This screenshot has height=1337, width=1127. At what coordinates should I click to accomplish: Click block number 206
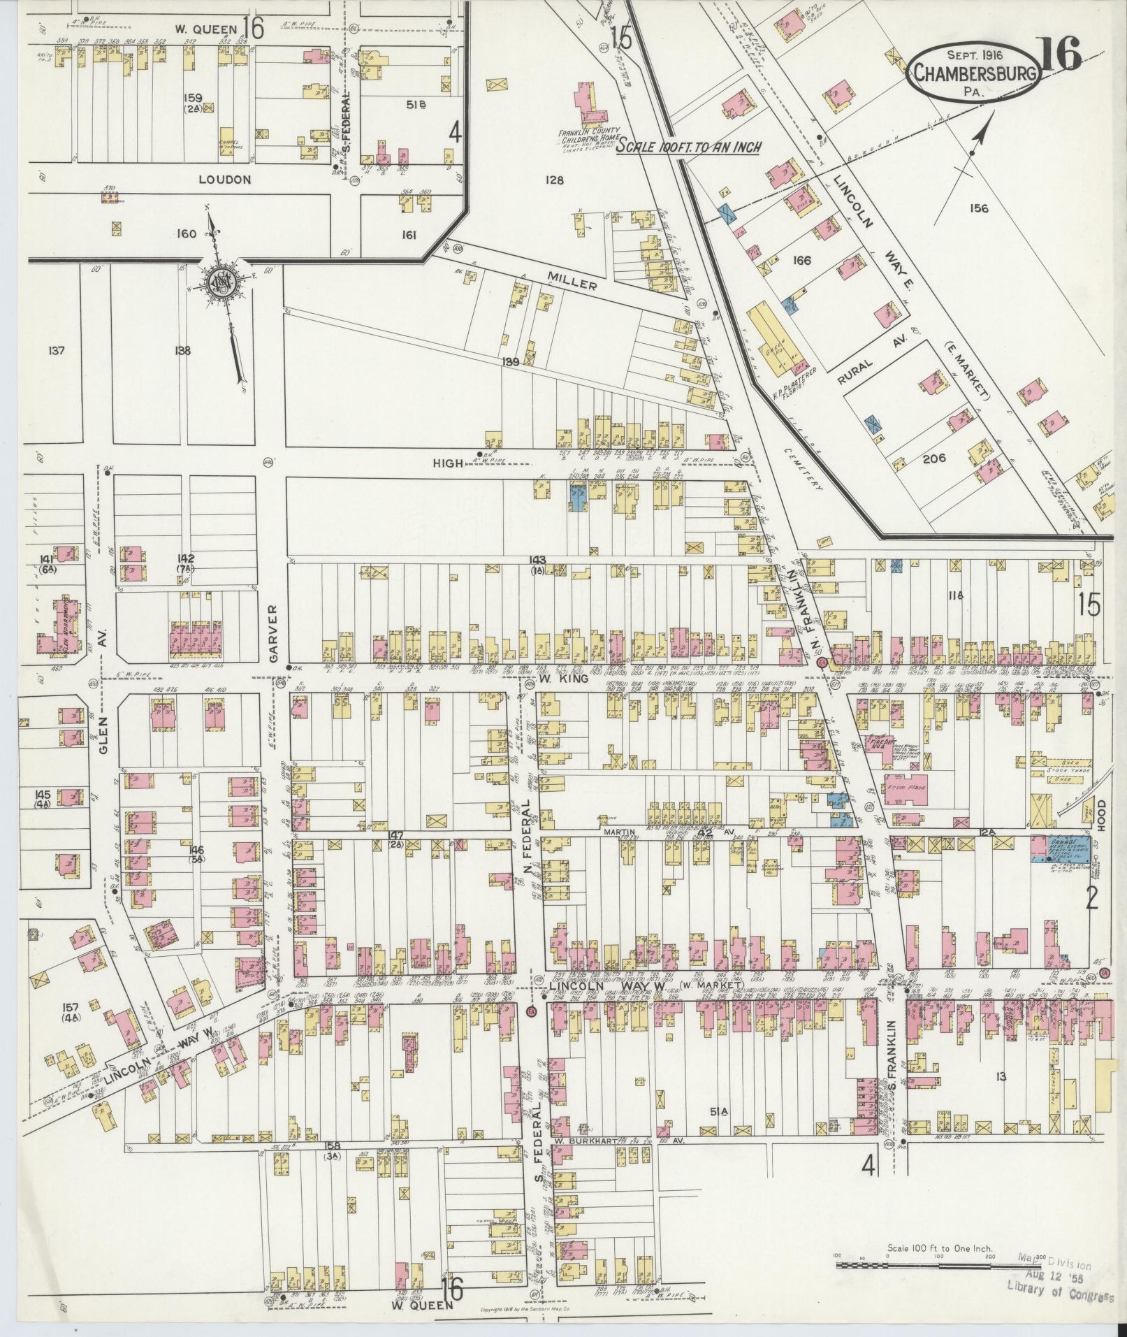933,458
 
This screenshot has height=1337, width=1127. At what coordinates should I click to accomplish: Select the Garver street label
274,633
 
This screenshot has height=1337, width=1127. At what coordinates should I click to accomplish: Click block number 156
979,208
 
